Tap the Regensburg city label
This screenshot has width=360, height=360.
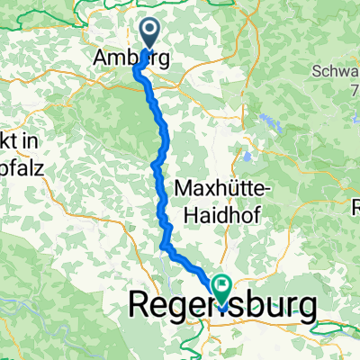(x=223, y=306)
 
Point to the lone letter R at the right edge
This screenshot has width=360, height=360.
(x=355, y=204)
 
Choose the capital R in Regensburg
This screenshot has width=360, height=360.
(x=141, y=306)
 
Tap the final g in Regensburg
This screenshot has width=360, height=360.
(x=305, y=309)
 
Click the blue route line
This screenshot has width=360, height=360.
(x=163, y=135)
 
